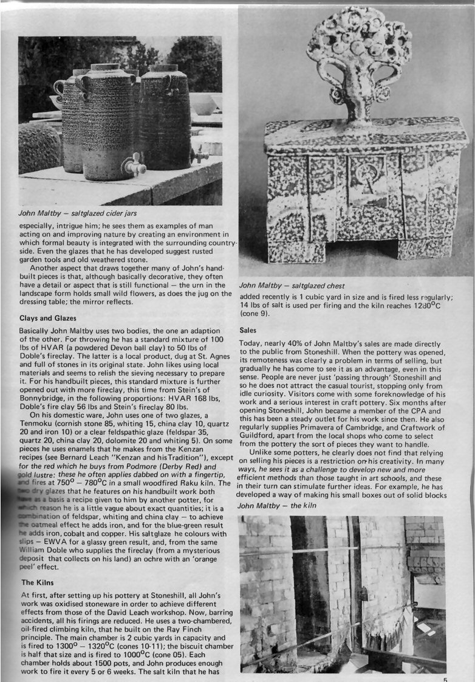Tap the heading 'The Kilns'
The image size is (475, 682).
pyautogui.click(x=40, y=582)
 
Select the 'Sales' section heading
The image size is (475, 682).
pyautogui.click(x=248, y=329)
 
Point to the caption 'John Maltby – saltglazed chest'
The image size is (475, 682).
pyautogui.click(x=292, y=285)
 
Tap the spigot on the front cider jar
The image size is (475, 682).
pyautogui.click(x=132, y=165)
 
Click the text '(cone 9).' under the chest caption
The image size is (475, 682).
pyautogui.click(x=258, y=314)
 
